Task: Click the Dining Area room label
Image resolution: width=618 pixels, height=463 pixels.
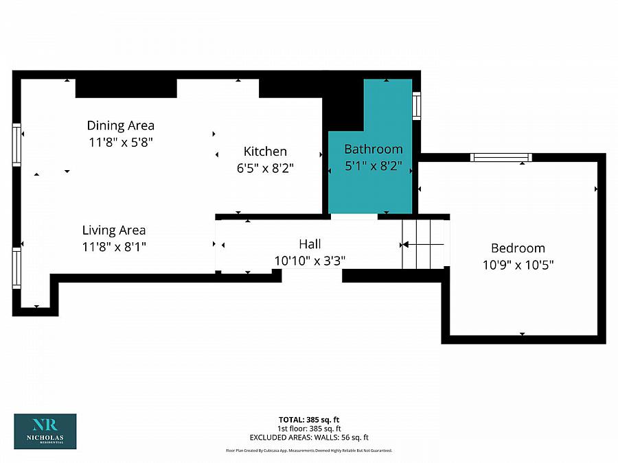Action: (x=121, y=126)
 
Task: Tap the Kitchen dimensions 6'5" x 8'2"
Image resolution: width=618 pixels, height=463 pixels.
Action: (x=265, y=169)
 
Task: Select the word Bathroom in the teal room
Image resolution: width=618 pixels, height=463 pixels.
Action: (x=374, y=150)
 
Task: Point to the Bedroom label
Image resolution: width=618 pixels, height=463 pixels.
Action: (x=518, y=248)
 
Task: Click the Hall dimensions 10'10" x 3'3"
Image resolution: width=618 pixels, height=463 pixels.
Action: (x=310, y=261)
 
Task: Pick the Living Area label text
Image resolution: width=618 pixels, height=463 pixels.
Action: (x=114, y=230)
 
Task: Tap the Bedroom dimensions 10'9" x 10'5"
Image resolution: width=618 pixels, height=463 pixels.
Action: (x=518, y=265)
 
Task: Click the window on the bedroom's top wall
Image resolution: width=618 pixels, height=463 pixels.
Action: (x=501, y=158)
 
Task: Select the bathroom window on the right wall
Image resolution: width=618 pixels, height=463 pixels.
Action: (x=416, y=106)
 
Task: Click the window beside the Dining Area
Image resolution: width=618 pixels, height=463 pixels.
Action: (x=16, y=145)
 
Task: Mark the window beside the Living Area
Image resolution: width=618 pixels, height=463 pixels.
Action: (x=16, y=268)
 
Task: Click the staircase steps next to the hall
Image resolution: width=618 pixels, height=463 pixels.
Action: (x=424, y=244)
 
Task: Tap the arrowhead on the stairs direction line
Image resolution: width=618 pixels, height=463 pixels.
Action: (x=404, y=245)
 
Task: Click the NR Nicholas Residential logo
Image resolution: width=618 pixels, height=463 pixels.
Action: (x=45, y=431)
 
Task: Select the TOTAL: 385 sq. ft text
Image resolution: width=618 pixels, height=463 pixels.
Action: (x=309, y=420)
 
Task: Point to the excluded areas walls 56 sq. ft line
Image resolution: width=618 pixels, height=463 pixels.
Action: (x=309, y=438)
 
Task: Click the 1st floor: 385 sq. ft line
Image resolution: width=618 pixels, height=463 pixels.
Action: (x=309, y=429)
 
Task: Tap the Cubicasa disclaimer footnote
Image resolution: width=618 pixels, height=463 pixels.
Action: (x=309, y=451)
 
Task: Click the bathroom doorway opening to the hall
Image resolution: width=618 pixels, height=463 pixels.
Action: (x=354, y=217)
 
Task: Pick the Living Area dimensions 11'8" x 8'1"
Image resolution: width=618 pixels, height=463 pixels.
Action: (x=114, y=247)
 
